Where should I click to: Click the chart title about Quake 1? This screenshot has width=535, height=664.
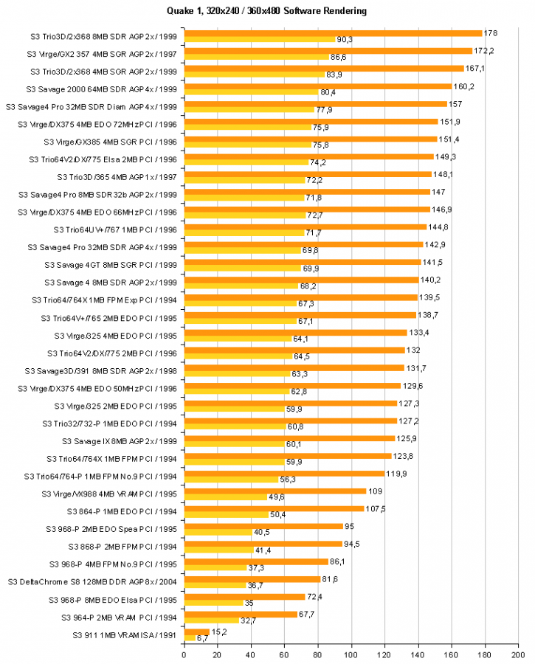(x=267, y=11)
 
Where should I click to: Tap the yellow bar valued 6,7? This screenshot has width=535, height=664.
(x=190, y=637)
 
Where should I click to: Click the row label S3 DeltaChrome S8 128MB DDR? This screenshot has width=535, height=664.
(x=92, y=582)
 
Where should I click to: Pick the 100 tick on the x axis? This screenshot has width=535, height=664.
(x=351, y=653)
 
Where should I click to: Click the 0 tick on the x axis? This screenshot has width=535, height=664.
(x=184, y=653)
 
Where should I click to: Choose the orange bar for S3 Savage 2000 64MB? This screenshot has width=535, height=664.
(x=317, y=86)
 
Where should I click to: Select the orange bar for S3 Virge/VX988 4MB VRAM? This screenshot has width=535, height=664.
(x=275, y=491)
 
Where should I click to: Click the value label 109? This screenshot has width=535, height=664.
(x=376, y=491)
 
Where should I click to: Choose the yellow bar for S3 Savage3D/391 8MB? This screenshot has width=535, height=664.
(x=236, y=374)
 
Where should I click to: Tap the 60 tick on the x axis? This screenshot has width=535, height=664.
(x=284, y=653)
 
